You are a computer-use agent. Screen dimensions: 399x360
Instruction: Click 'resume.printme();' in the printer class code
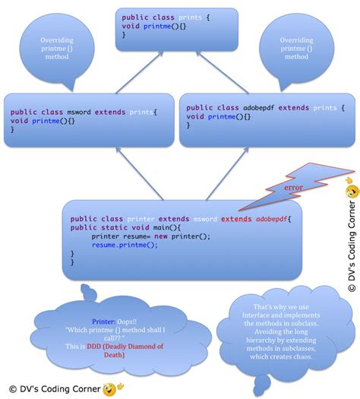tap(124, 245)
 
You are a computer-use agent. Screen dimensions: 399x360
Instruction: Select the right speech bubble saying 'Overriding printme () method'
tap(295, 47)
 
